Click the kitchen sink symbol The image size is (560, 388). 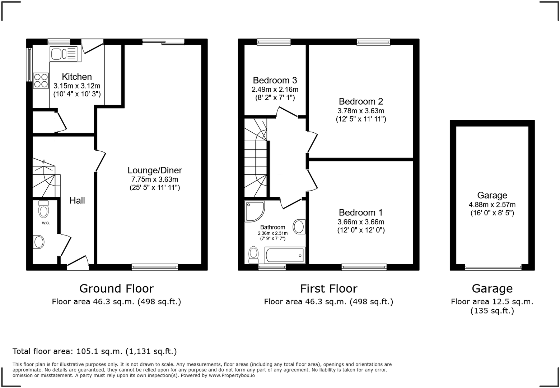coord(64,54)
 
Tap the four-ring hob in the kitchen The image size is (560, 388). coord(41,81)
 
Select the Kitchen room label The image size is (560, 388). coord(77,77)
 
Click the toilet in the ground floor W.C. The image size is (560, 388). coord(43,209)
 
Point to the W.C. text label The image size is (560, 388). coord(46,223)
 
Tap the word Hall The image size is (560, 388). coord(77,200)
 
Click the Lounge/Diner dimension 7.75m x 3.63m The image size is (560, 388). coord(155,179)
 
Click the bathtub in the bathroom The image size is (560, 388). coord(285,255)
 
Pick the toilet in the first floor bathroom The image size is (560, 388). coord(253,255)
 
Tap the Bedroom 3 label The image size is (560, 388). coord(275,80)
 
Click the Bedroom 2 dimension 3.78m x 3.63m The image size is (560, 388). coord(361,111)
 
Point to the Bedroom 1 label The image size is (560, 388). coord(361,213)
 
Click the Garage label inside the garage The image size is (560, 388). coord(492,195)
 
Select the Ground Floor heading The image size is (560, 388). coord(116,288)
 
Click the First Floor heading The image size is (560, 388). coord(328,288)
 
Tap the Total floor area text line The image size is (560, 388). coord(94,351)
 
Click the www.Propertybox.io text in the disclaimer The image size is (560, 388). coord(232,375)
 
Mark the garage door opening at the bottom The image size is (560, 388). coord(493,268)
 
